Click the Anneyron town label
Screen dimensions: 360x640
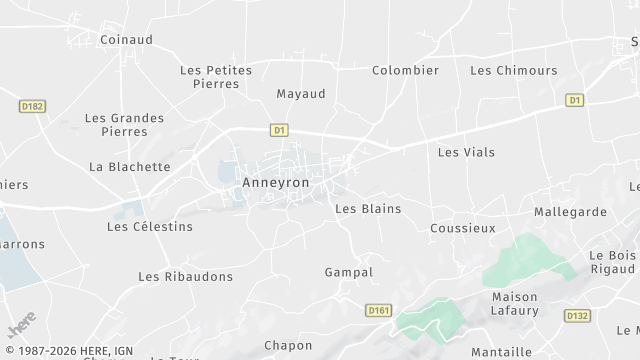[276, 183]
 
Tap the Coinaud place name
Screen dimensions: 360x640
[125, 40]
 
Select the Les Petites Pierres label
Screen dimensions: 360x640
[216, 77]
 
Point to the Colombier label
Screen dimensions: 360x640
[405, 70]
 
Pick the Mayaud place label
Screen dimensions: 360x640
[301, 93]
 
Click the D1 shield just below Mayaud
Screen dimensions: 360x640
[279, 129]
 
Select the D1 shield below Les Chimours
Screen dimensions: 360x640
[574, 100]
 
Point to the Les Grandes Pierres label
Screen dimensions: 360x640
[124, 124]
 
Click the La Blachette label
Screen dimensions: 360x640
[130, 167]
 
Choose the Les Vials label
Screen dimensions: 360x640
[466, 152]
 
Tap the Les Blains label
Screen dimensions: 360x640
[368, 209]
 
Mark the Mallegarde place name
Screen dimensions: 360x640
[570, 212]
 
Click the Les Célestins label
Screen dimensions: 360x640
[150, 227]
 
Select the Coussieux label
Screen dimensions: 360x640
[462, 228]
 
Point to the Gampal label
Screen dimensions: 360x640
[349, 272]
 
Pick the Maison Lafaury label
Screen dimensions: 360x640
[516, 304]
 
